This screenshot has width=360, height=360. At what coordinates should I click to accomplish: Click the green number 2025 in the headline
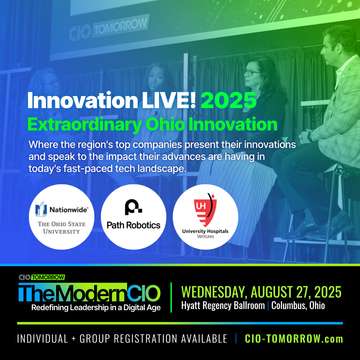click(228, 100)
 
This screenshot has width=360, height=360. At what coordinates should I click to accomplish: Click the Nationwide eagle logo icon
click(41, 209)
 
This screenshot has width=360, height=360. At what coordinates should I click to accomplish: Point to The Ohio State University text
click(62, 227)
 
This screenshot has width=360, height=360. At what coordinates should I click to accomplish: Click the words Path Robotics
click(133, 225)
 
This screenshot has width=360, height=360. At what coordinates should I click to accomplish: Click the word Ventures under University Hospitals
click(205, 236)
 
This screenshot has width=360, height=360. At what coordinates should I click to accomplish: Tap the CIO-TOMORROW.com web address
click(294, 339)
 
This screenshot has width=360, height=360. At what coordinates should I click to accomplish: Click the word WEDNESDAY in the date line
click(214, 292)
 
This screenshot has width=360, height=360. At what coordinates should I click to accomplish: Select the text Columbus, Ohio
click(298, 306)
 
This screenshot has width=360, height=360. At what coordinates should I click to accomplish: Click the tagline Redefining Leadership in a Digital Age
click(96, 308)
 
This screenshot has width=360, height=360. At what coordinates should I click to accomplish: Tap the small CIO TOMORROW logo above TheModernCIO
click(42, 277)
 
